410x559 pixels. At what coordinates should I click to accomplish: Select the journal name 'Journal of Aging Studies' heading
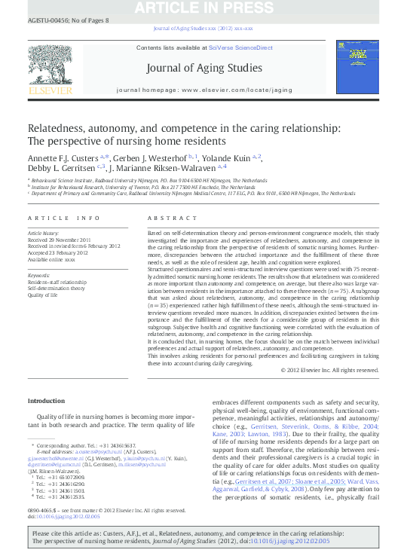click(204, 68)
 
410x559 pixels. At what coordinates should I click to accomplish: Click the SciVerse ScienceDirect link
click(240, 47)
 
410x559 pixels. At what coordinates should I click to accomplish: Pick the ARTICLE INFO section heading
click(64, 218)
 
